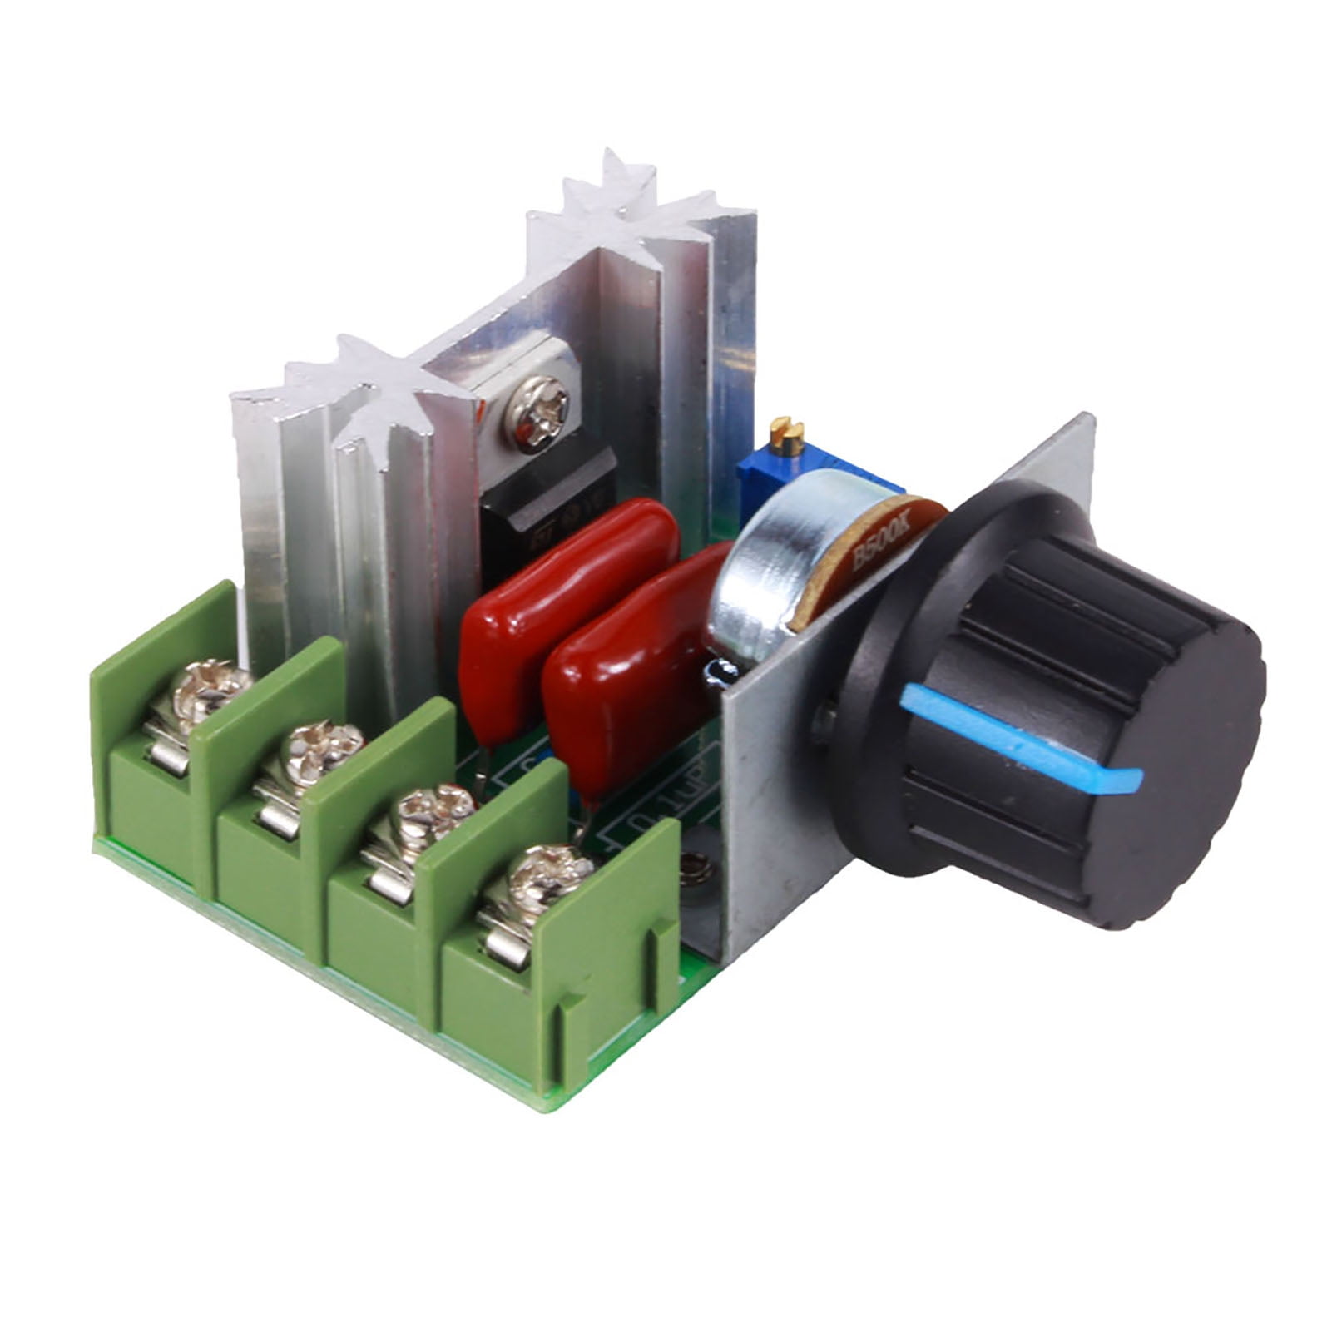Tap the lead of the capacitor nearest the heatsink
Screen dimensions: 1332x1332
pos(483,765)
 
